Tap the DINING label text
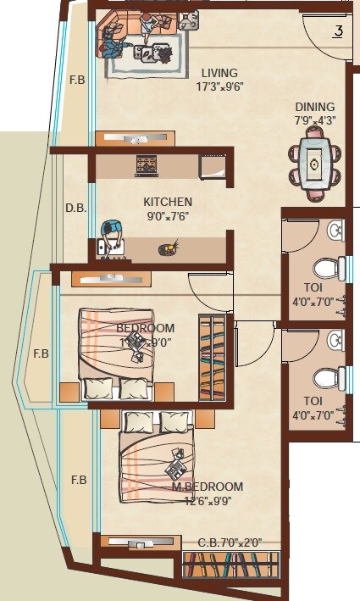(314, 107)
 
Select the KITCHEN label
(167, 202)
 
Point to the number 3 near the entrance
(337, 32)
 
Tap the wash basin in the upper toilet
(335, 230)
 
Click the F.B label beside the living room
(77, 81)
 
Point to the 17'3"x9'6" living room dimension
(219, 86)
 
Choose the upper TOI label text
(313, 287)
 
